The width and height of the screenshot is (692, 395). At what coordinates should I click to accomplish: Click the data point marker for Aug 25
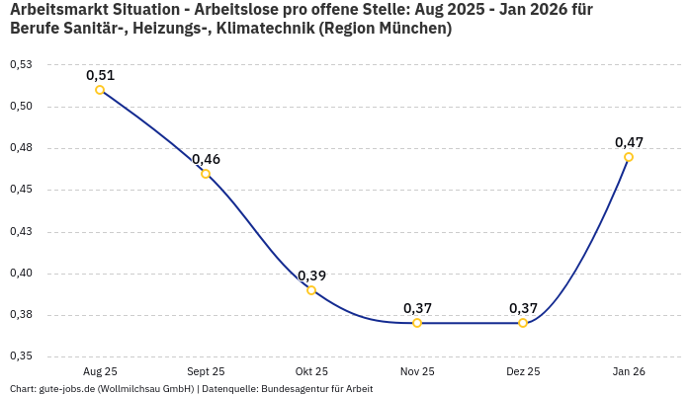(100, 90)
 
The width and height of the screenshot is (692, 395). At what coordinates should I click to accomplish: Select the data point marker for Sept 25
(206, 174)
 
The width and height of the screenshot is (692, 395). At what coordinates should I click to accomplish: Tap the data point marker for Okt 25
(311, 290)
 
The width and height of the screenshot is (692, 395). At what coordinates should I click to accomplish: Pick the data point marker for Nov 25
(417, 323)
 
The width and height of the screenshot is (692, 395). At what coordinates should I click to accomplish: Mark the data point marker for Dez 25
(523, 323)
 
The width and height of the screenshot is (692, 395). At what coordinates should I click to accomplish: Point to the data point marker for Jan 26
(629, 157)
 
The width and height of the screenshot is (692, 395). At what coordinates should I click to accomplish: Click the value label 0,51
(100, 75)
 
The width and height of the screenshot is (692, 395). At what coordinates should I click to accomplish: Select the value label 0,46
(206, 159)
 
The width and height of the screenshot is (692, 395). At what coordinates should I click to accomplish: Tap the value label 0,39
(311, 276)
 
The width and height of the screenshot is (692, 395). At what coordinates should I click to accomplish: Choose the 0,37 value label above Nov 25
(417, 308)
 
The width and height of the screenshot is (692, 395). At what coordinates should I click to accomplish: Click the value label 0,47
(629, 142)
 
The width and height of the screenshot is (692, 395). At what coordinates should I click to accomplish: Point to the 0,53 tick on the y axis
(20, 64)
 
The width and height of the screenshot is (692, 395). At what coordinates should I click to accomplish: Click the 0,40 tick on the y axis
(20, 274)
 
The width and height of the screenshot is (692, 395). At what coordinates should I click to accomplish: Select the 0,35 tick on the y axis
(20, 356)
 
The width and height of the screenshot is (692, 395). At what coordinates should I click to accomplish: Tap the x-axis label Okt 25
(311, 371)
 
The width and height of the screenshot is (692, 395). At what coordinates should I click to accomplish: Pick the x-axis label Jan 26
(629, 371)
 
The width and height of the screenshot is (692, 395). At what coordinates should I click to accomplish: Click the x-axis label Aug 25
(100, 371)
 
